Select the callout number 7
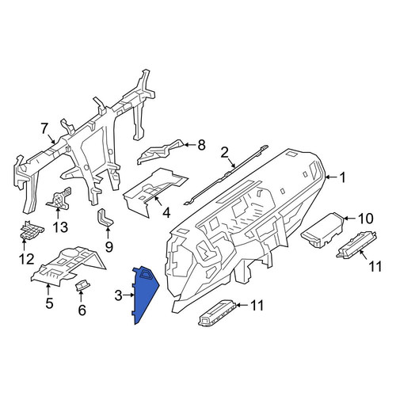(x=44, y=129)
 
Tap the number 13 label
(x=60, y=227)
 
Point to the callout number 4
(x=166, y=212)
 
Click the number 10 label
(x=365, y=219)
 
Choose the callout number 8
(x=201, y=145)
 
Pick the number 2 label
(x=224, y=153)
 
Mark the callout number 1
(x=342, y=177)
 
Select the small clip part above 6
(x=82, y=286)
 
